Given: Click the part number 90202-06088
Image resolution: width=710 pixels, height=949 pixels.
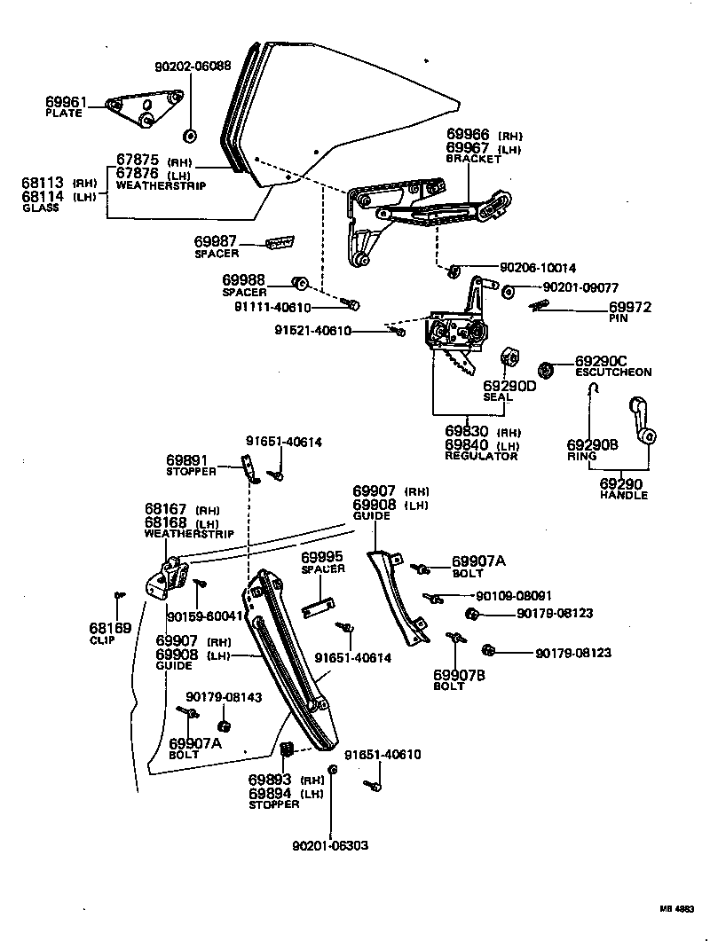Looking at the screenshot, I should [x=193, y=66].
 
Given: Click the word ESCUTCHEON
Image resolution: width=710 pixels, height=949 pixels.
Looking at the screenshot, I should [x=613, y=373].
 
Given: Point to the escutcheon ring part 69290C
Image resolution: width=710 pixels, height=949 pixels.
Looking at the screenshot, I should [x=548, y=368].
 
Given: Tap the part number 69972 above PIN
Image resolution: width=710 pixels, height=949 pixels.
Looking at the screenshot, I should [x=630, y=307].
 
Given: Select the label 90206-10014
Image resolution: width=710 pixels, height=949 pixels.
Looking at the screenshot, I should [x=538, y=267].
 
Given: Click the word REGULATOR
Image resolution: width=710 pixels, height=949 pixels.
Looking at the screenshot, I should [x=481, y=456].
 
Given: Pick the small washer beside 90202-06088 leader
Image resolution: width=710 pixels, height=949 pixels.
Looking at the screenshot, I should [x=190, y=136].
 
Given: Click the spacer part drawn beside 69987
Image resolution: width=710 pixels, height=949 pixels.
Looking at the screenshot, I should [x=280, y=243].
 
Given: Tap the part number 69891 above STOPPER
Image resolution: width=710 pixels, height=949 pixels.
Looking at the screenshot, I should [x=186, y=460].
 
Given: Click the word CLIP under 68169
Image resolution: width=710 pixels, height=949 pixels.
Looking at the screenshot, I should [x=102, y=639].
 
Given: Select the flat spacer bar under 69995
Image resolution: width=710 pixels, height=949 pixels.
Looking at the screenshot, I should [x=317, y=608].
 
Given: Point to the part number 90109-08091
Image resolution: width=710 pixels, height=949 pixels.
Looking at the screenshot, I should [x=514, y=596].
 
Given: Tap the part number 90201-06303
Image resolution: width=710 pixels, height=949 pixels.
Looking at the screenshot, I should [x=330, y=845].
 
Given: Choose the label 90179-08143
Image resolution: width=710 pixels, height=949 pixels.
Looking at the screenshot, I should [x=224, y=697].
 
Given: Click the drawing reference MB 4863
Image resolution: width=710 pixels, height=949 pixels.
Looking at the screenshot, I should [x=676, y=909].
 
